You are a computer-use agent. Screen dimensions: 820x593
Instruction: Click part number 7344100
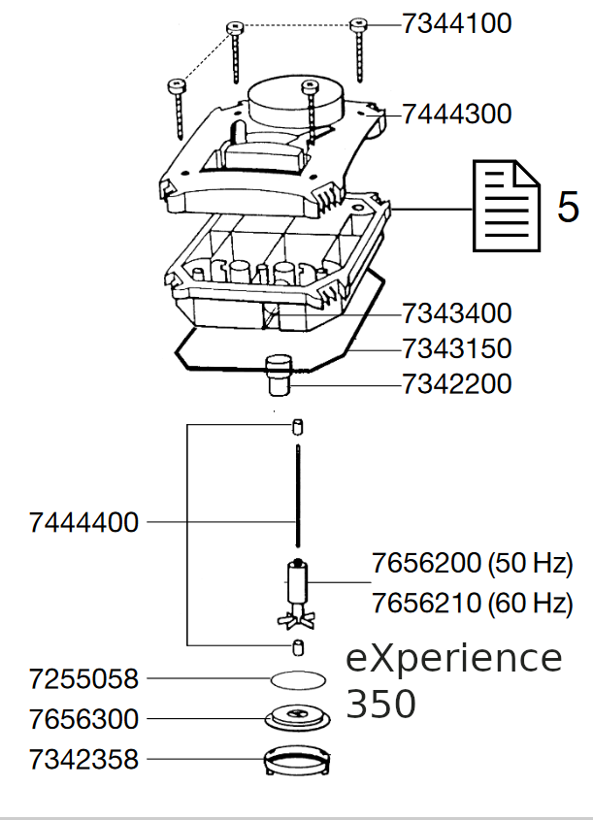[x=456, y=24]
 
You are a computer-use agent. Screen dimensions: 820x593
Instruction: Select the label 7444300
[x=456, y=115]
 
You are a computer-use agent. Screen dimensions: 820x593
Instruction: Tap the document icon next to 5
[x=505, y=206]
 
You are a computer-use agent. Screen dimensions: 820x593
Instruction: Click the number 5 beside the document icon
[x=568, y=207]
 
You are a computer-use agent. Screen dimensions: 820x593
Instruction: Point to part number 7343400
[x=456, y=313]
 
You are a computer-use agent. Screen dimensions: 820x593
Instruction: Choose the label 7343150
[x=456, y=348]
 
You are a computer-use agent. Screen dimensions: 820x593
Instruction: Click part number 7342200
[x=456, y=384]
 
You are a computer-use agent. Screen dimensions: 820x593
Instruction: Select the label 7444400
[x=84, y=523]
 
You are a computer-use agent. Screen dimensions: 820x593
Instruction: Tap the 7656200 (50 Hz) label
[x=472, y=564]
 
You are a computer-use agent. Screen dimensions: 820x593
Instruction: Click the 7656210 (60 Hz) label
[x=472, y=603]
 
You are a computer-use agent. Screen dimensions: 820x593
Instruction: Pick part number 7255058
[x=84, y=678]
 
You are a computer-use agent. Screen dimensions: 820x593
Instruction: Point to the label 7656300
[x=84, y=719]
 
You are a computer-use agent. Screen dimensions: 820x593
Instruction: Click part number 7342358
[x=84, y=759]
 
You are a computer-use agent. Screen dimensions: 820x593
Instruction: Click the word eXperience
[x=454, y=659]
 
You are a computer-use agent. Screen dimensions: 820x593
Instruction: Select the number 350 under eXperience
[x=381, y=704]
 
